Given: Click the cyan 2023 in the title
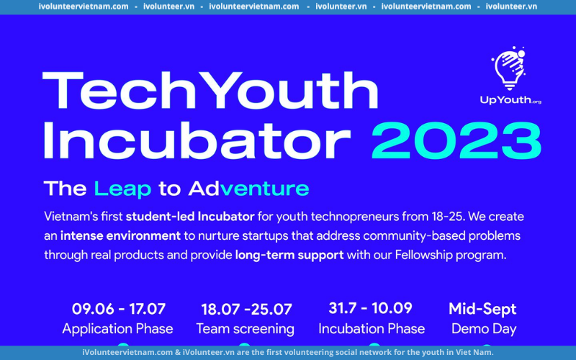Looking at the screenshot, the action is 456,140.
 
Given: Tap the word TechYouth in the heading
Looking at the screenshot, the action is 210,91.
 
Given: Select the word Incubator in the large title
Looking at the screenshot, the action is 197,140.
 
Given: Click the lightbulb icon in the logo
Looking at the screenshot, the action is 509,68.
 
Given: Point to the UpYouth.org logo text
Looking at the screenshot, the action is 510,100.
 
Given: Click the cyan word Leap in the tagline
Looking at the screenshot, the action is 122,189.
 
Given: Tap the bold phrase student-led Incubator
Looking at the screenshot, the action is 190,217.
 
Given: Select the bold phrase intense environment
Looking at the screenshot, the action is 120,235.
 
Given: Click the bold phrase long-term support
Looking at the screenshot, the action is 289,255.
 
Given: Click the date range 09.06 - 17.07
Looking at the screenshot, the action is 119,309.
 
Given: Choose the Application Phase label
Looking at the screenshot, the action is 117,329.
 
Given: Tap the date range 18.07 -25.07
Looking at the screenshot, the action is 246,310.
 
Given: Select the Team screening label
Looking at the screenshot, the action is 245,329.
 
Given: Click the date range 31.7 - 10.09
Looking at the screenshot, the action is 370,308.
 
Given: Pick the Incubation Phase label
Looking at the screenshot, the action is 372,328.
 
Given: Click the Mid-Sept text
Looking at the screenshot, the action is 482,310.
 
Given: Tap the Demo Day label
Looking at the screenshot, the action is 484,329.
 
